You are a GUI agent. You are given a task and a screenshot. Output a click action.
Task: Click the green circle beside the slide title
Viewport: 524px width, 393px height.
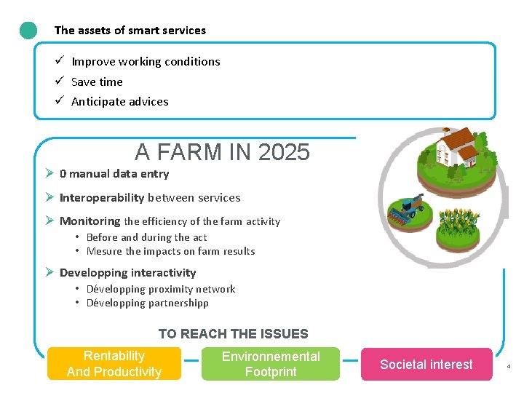[28, 31]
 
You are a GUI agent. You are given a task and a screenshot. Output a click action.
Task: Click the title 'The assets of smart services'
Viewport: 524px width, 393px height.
[130, 31]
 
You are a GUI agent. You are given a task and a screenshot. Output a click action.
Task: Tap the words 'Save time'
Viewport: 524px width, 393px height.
[97, 82]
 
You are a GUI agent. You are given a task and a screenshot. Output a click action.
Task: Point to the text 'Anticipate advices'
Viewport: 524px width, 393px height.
[119, 102]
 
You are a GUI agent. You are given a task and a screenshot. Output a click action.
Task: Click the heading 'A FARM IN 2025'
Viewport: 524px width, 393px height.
[222, 152]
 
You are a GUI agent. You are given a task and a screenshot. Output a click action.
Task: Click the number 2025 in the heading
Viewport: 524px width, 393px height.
[284, 152]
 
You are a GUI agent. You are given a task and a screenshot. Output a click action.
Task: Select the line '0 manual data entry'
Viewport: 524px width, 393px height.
[114, 174]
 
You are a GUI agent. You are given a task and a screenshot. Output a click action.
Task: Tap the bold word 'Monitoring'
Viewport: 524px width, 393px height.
[90, 221]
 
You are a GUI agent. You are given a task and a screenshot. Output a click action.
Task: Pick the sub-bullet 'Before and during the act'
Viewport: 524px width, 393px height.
[146, 237]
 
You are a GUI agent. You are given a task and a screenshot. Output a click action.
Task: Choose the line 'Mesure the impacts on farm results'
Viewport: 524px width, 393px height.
[170, 252]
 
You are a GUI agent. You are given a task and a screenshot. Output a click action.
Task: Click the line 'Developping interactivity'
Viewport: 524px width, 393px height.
[127, 273]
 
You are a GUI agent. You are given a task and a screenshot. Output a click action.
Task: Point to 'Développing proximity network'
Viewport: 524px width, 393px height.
[161, 289]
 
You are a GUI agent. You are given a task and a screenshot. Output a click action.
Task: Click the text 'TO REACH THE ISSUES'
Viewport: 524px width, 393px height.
[233, 334]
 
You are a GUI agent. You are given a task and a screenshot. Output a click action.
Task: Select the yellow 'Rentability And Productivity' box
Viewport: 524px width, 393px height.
[114, 364]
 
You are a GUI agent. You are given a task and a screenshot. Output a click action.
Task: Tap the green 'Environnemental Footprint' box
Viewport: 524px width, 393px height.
[271, 364]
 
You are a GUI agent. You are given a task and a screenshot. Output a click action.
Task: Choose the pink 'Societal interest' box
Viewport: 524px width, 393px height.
[426, 365]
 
